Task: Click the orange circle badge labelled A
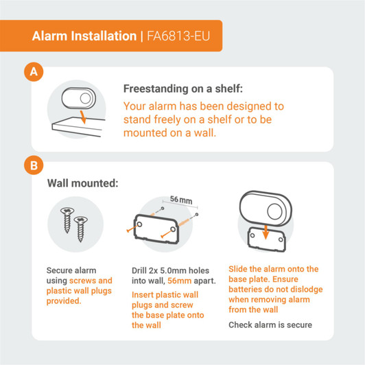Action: coord(32,71)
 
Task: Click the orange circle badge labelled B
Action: coord(32,165)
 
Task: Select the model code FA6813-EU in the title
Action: coord(179,36)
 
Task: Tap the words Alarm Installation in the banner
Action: coord(84,36)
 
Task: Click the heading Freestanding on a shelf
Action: coord(182,89)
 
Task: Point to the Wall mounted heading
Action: coord(82,184)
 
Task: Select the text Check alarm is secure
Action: coord(270,325)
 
